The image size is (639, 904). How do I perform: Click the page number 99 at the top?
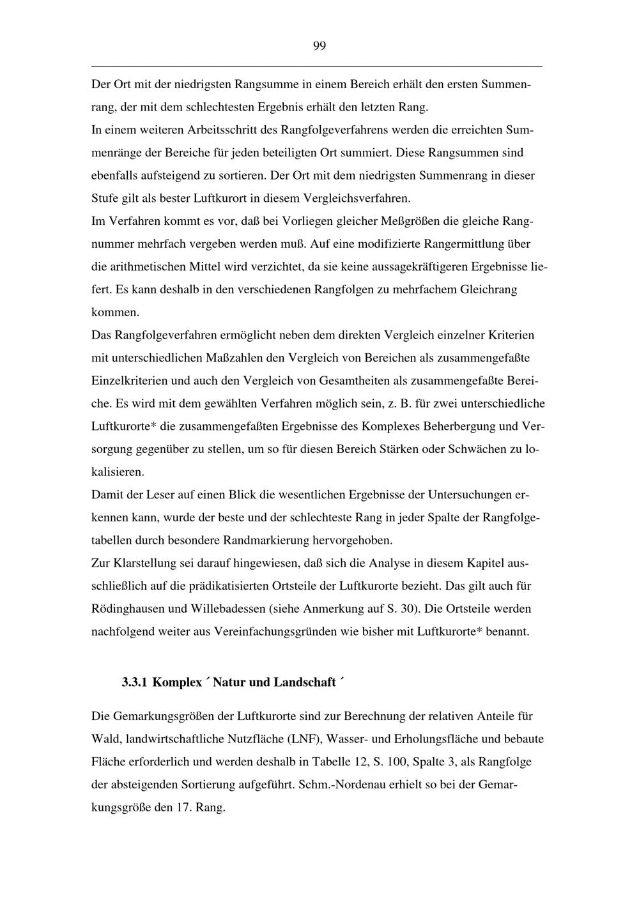click(319, 45)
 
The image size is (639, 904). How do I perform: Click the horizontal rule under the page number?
click(316, 66)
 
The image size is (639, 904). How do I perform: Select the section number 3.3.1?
click(134, 683)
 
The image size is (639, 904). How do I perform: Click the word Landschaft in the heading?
click(305, 683)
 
